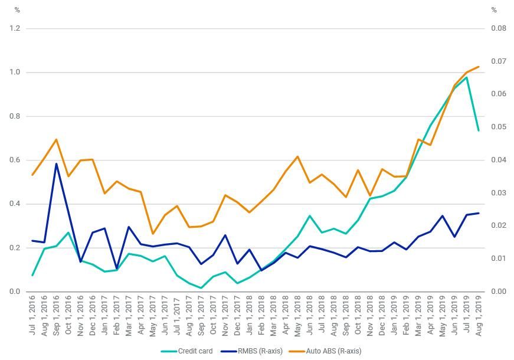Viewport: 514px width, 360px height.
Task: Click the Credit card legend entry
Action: [195, 351]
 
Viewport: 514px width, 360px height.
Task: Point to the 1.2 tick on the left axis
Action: [15, 28]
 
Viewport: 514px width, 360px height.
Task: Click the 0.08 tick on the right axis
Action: [499, 28]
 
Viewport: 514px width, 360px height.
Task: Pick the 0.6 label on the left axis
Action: [15, 160]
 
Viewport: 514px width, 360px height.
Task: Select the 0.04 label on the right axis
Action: [499, 160]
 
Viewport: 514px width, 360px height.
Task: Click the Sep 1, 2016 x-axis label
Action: [57, 315]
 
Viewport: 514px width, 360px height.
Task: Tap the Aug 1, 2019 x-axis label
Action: [479, 315]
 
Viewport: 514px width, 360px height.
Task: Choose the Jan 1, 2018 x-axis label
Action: [250, 315]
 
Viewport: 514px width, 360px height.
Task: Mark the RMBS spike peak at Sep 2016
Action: [57, 163]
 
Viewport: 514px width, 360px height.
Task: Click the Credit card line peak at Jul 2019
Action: [466, 77]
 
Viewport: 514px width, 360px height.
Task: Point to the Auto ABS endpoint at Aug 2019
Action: [479, 67]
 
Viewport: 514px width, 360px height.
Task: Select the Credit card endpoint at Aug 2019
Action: [479, 130]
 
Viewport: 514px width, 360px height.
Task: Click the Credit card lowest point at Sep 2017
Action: [201, 288]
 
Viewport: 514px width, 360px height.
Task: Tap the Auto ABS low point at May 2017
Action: [153, 234]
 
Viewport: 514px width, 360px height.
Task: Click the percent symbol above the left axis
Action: [17, 10]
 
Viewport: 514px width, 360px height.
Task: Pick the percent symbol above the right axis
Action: [494, 10]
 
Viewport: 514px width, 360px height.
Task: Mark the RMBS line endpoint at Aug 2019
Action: [479, 213]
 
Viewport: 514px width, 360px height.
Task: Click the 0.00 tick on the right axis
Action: [499, 292]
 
